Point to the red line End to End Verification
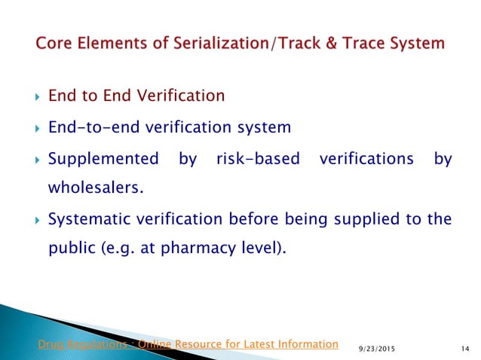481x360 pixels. coord(136,96)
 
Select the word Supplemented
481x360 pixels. coord(103,159)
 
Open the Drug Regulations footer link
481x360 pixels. coord(188,344)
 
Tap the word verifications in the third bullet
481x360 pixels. coord(366,159)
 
